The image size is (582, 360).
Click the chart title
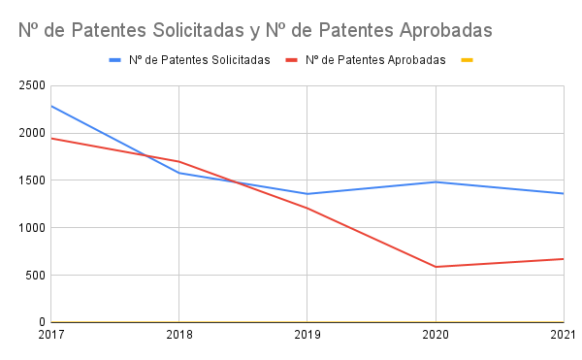coord(255,30)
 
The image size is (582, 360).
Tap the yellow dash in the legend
coord(467,60)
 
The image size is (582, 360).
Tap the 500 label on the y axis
coord(35,276)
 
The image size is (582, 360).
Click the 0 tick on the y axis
coord(42,322)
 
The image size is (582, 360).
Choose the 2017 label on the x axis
coord(50,336)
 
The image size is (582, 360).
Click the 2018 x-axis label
coord(178,336)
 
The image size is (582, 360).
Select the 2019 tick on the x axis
coord(307,336)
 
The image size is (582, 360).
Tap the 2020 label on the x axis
coord(435,336)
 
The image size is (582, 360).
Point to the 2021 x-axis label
coord(563,336)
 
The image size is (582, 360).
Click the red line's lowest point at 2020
coord(436,267)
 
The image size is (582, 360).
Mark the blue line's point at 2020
coord(436,182)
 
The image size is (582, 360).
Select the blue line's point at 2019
coord(307,194)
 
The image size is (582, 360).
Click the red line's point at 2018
coord(179,161)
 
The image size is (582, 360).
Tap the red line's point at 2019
coord(307,208)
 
